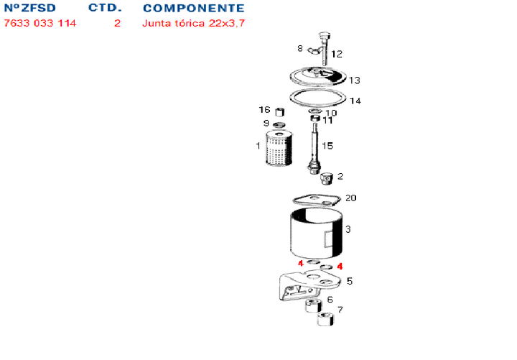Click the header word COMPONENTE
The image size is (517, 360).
click(x=193, y=9)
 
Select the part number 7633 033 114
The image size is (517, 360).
click(x=40, y=23)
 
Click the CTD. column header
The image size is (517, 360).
click(x=105, y=9)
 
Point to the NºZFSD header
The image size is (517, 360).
click(x=30, y=9)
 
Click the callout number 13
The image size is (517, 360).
click(x=354, y=80)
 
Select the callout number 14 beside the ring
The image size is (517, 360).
click(x=355, y=101)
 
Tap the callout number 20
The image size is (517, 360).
click(x=351, y=198)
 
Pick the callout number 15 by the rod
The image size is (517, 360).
click(x=327, y=145)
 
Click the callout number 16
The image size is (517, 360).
click(x=264, y=110)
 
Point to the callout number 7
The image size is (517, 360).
click(x=340, y=310)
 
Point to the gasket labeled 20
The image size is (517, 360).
click(x=316, y=200)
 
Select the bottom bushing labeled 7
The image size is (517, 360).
click(x=327, y=318)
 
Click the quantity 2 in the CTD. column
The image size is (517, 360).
click(x=117, y=23)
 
